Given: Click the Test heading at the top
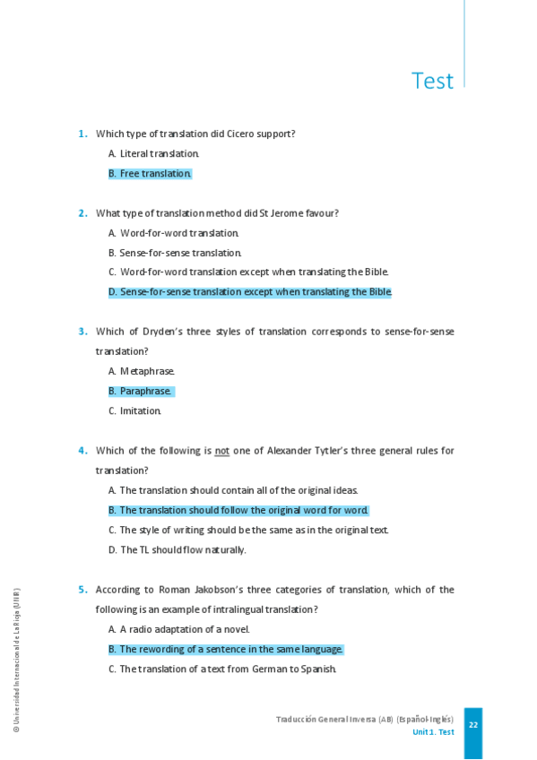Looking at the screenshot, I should (432, 81).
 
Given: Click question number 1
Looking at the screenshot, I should (82, 134).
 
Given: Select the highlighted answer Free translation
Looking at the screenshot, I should (150, 174).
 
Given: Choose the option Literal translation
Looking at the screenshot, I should (153, 154).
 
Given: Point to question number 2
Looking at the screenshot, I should (82, 213).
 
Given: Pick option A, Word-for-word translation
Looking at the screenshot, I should (173, 233).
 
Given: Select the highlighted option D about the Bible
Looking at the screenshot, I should (250, 292).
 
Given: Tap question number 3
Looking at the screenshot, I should (82, 332).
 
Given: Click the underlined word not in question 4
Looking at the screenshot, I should (221, 451).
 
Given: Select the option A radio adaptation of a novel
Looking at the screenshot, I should (178, 629).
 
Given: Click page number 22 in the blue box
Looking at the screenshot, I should (472, 725).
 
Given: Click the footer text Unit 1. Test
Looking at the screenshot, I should (433, 732).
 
